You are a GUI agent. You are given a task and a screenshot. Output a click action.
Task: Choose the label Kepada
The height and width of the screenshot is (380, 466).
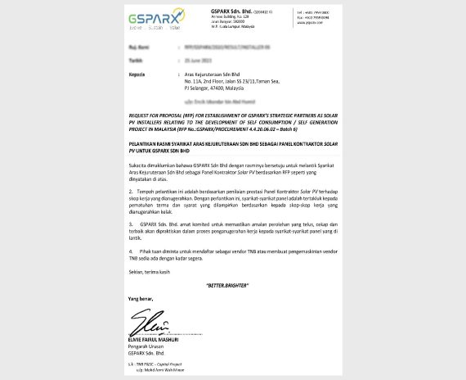137,75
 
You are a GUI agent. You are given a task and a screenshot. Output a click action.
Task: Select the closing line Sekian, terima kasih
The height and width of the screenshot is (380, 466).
148,270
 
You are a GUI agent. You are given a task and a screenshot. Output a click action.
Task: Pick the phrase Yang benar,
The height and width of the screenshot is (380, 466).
140,299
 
